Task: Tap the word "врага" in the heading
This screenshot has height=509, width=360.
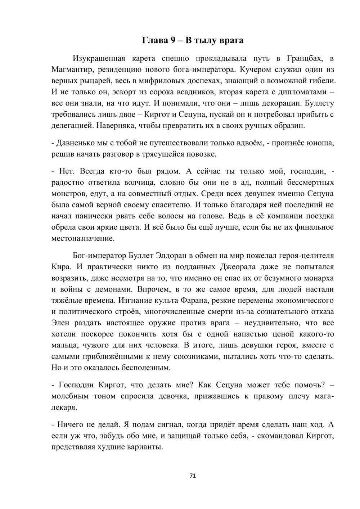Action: [x=230, y=40]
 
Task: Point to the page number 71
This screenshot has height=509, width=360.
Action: [x=192, y=476]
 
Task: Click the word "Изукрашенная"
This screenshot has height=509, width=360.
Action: [x=99, y=58]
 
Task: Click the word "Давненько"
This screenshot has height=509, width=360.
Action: [x=74, y=143]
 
